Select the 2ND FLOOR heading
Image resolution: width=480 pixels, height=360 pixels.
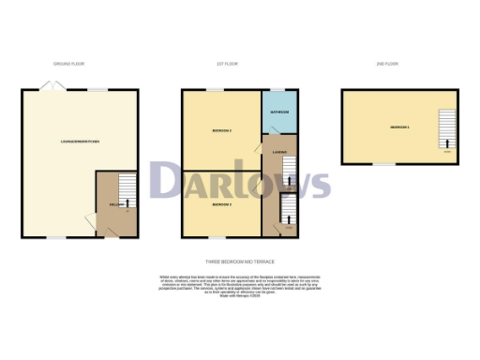(x=388, y=64)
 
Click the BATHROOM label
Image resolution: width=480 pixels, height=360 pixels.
(x=279, y=112)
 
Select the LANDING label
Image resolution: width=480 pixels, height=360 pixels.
(x=278, y=152)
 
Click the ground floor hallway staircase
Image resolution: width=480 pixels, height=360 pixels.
(x=127, y=192)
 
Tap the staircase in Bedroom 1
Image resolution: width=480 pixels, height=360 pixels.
(x=446, y=129)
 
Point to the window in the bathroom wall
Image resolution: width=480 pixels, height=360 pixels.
(x=279, y=90)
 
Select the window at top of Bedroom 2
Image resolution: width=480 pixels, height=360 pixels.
(x=215, y=90)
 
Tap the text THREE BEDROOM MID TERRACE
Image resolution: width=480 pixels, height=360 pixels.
(x=240, y=262)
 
